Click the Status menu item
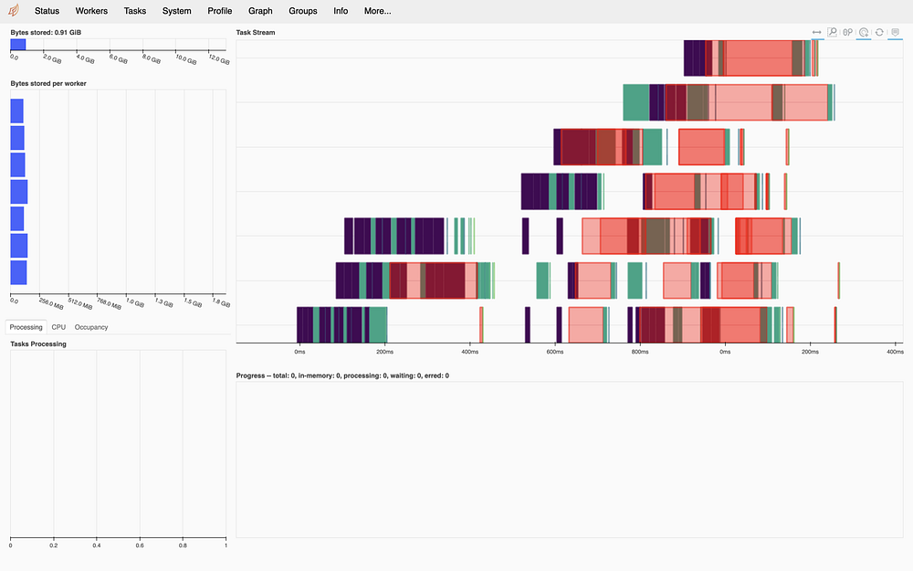(47, 11)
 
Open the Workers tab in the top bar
(91, 11)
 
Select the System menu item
(177, 11)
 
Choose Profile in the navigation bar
(219, 11)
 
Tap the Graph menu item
(260, 11)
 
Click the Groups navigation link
(302, 11)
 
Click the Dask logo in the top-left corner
(14, 11)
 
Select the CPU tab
(58, 327)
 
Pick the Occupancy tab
(91, 327)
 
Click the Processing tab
(26, 327)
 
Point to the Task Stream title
(256, 33)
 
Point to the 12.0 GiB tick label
(219, 59)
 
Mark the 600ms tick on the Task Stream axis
(554, 352)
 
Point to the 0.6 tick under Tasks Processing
(140, 545)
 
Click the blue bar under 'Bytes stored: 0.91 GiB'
(17, 44)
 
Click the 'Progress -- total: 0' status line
(342, 375)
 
